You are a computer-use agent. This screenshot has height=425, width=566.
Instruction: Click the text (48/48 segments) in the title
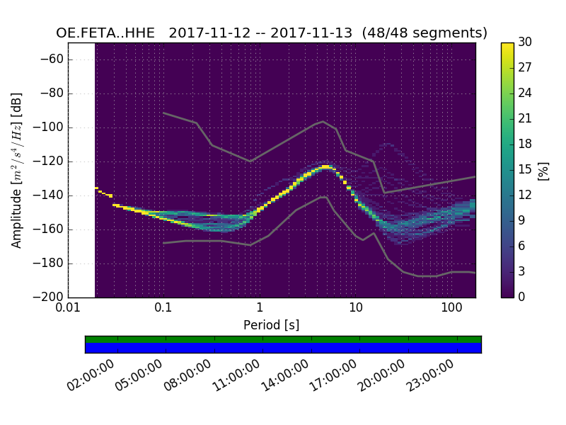[x=434, y=33]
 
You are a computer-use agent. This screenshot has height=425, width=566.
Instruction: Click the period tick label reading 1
[x=260, y=308]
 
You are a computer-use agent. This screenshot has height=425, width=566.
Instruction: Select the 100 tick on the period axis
[x=451, y=308]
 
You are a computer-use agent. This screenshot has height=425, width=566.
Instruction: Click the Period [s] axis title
[x=271, y=324]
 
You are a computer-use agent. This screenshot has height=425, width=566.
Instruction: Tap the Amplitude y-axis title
[x=17, y=170]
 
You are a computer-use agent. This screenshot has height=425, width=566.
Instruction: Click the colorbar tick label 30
[x=525, y=42]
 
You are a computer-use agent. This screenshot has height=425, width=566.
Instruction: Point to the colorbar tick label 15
[x=525, y=169]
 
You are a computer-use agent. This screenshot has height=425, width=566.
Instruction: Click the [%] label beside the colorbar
[x=543, y=170]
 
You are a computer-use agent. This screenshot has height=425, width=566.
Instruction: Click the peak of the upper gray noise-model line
[x=323, y=121]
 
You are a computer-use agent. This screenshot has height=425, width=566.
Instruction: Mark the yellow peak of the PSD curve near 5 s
[x=325, y=166]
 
